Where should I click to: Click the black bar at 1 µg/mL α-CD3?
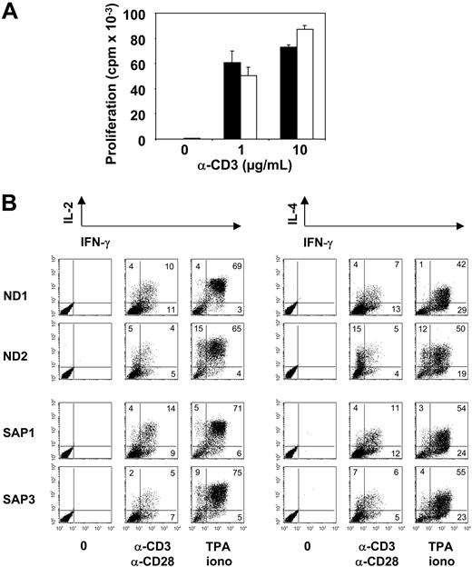click(232, 101)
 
